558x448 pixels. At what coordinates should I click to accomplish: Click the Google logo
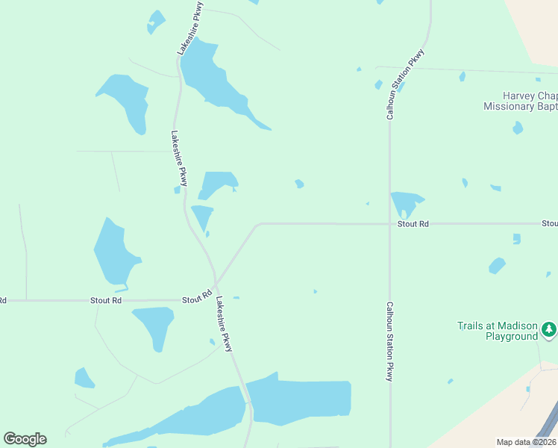tap(25, 439)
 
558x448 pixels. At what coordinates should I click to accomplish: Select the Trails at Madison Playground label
tap(498, 332)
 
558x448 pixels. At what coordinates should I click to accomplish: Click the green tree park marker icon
tap(549, 329)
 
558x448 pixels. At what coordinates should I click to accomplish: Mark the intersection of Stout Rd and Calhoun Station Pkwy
tap(389, 223)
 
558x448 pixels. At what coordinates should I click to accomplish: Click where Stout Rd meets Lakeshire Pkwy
tap(216, 284)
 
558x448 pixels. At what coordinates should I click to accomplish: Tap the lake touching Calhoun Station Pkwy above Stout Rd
tap(404, 202)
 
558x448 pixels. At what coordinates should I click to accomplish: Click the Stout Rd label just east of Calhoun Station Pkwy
tap(413, 224)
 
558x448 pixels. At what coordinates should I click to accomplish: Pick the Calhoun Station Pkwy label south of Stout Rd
tap(389, 341)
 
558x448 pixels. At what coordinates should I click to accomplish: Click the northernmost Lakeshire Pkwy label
tap(190, 28)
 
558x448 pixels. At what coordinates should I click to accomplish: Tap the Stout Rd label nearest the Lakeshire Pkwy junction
tap(196, 299)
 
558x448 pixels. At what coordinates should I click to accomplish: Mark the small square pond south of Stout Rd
tap(516, 239)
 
